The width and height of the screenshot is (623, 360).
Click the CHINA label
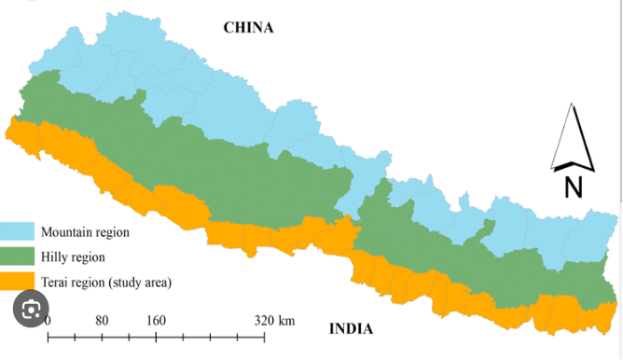[248, 27]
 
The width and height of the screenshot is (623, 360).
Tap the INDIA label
[352, 328]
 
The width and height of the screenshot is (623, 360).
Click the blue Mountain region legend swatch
[18, 231]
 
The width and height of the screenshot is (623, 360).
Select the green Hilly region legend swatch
[18, 256]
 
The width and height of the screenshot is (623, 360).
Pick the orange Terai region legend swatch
[18, 280]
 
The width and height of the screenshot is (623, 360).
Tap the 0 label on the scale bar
[48, 321]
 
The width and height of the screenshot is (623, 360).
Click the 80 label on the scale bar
[102, 321]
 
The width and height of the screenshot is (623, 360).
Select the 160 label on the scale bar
[156, 321]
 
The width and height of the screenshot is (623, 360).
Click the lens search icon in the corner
[31, 309]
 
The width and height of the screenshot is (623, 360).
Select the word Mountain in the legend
[66, 232]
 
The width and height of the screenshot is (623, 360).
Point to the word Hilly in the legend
[54, 256]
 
